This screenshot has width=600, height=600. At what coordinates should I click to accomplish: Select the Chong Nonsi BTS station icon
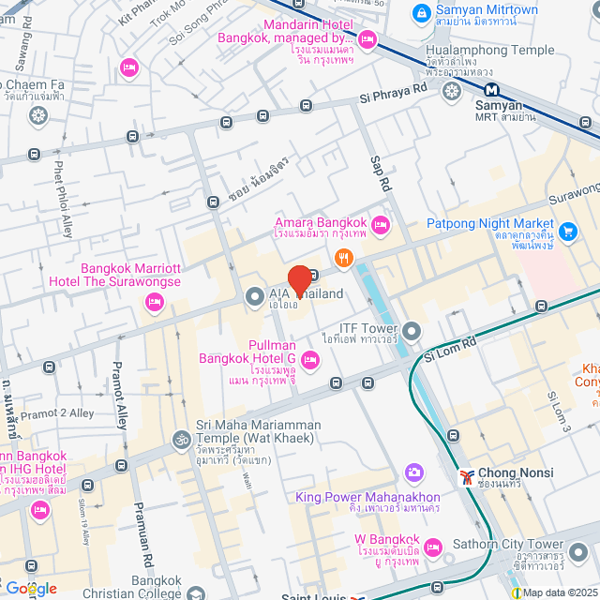pos(467,477)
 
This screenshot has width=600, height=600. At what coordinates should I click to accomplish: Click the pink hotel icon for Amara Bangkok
pos(380,224)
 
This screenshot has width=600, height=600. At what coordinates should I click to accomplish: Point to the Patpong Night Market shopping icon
pos(567,230)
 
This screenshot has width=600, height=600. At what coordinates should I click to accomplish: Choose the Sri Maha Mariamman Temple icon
pos(180,439)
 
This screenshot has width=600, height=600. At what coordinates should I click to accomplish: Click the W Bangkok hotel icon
pos(432,547)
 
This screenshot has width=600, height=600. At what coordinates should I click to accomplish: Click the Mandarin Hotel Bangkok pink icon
pos(367,38)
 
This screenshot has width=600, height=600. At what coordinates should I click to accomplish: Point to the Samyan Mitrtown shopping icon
pos(422,14)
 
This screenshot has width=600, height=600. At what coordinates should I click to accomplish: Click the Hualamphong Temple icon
pos(451,91)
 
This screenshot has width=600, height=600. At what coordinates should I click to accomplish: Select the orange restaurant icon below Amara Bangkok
pos(344,256)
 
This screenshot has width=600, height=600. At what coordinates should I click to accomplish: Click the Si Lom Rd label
pos(450,350)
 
